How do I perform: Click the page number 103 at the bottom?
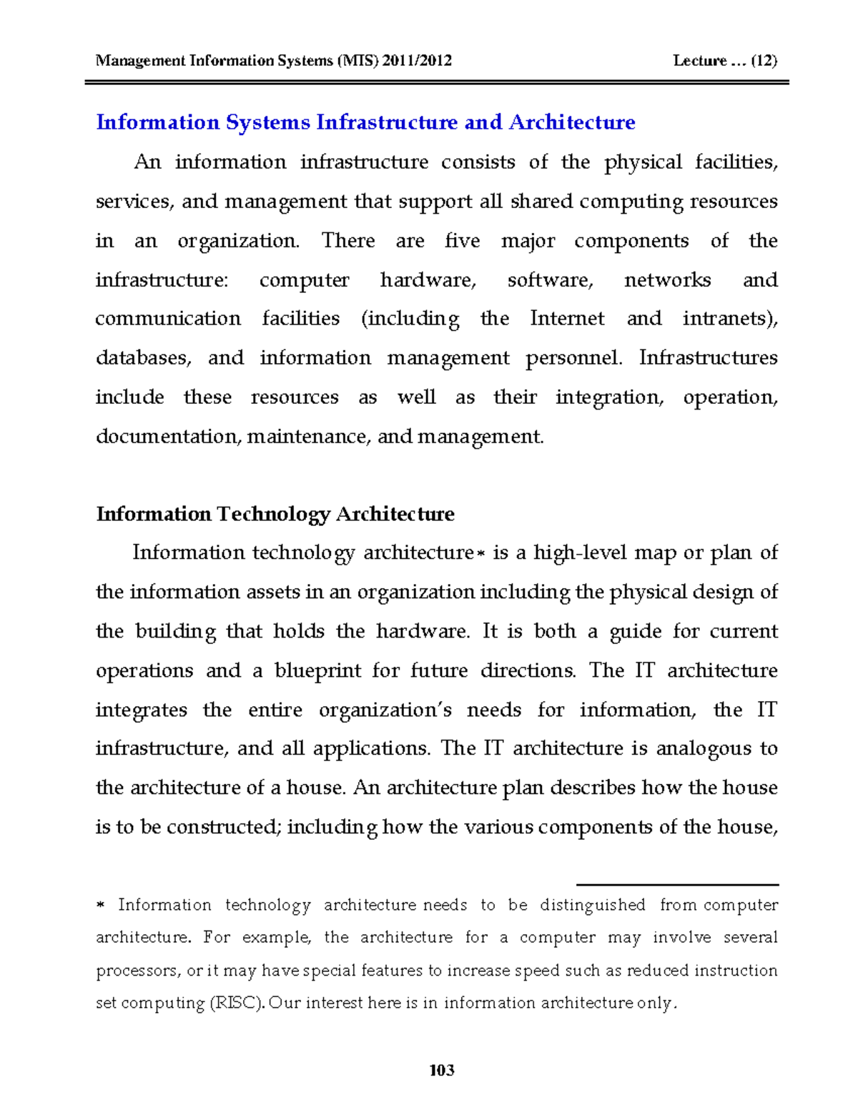(442, 1070)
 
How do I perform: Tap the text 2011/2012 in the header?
(417, 61)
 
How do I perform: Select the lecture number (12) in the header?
(764, 61)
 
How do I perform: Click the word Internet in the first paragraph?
(567, 318)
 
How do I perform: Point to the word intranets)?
(729, 318)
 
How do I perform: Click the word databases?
(143, 357)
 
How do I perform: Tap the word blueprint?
(315, 670)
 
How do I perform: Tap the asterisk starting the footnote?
(100, 906)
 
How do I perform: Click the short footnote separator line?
(677, 885)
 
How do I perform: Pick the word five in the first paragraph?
(462, 240)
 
